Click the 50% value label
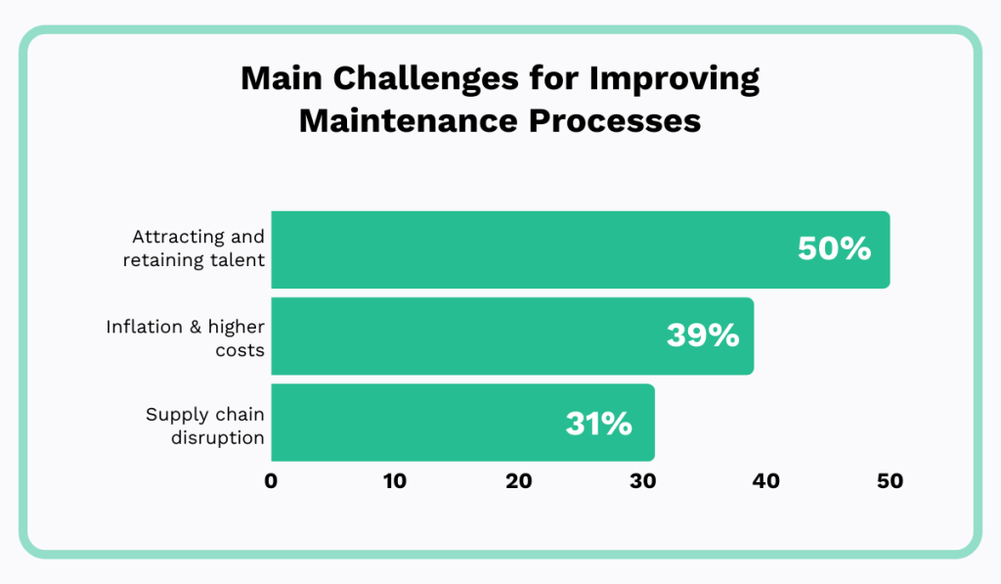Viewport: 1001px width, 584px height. click(x=834, y=249)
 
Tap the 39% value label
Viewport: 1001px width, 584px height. click(x=702, y=336)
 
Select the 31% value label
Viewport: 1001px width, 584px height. click(x=598, y=423)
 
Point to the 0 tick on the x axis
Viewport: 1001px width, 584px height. click(x=271, y=481)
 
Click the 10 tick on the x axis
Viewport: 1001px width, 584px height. click(x=394, y=481)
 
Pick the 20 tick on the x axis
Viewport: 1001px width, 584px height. click(x=518, y=481)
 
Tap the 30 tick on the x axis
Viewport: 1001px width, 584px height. click(x=642, y=481)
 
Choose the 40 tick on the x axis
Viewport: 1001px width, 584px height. click(x=765, y=481)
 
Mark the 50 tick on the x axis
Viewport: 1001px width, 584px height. click(x=890, y=481)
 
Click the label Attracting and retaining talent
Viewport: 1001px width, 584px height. click(x=197, y=249)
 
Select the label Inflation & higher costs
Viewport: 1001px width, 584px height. click(x=186, y=337)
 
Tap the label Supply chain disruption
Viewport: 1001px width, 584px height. click(x=205, y=425)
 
